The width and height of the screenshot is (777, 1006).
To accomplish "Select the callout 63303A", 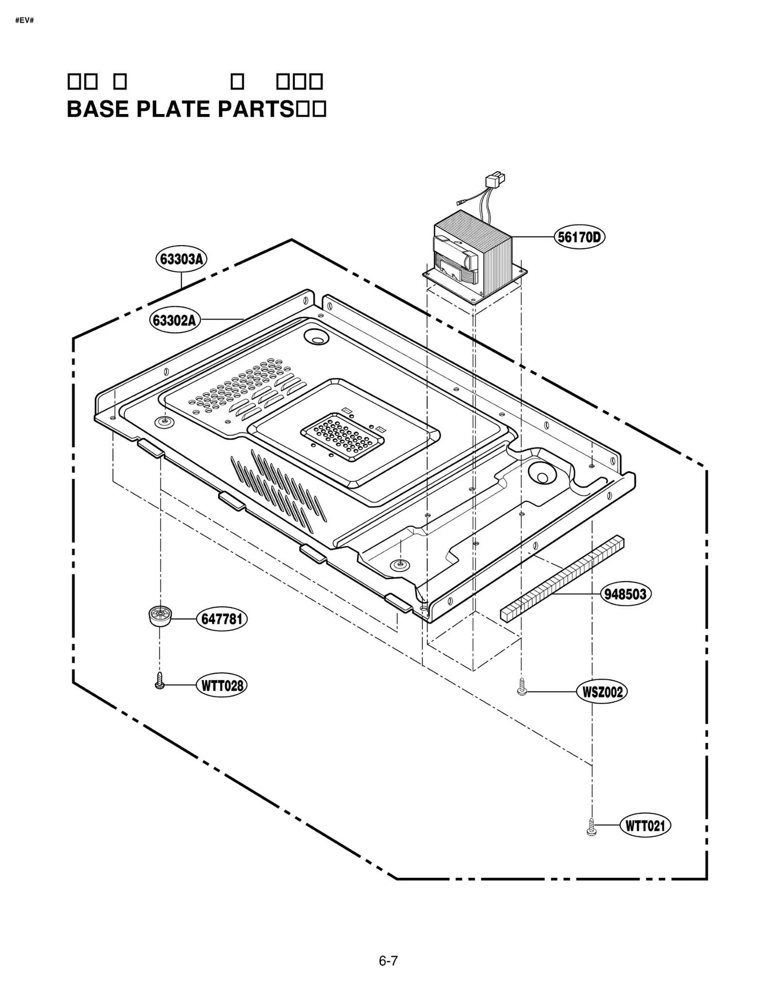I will pos(182,259).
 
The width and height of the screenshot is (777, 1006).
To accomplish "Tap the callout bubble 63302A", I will pos(174,320).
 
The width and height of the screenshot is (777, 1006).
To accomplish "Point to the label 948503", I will pos(625,594).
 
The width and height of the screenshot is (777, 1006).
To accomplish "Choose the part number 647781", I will pos(221,620).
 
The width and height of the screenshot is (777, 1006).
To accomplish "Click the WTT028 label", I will pos(221,686).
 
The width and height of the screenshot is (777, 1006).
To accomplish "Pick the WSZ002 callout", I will pos(602,692).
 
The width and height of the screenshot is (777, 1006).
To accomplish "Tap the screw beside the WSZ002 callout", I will pos(522,687).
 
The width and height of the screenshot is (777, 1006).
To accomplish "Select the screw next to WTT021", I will pos(591,827).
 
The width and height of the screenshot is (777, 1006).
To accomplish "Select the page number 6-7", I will pos(388,960).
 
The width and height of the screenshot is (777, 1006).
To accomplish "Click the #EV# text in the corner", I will pos(24,21).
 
